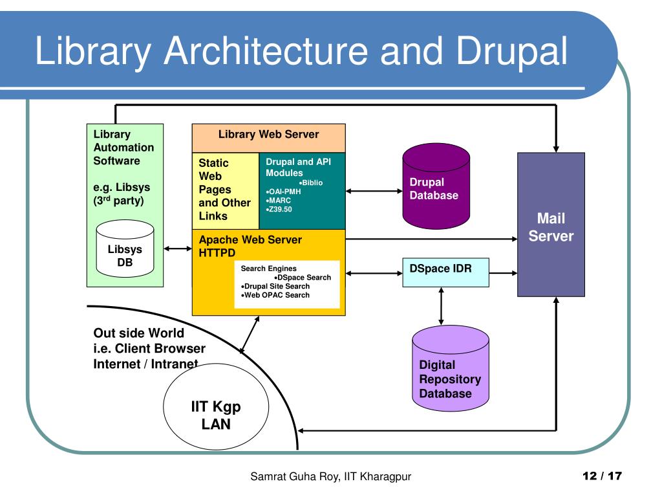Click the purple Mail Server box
(x=551, y=225)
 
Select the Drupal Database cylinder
(x=436, y=186)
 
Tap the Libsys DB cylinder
(x=125, y=248)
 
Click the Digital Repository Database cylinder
(x=451, y=368)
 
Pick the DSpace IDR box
(x=446, y=272)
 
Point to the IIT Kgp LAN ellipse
(x=216, y=406)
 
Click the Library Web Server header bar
(x=268, y=138)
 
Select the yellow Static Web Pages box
(x=226, y=191)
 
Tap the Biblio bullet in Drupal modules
(x=311, y=182)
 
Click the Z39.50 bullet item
(x=279, y=209)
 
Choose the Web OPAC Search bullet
(x=275, y=295)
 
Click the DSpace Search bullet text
(x=303, y=277)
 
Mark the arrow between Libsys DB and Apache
(x=178, y=248)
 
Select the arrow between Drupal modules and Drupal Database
(x=374, y=191)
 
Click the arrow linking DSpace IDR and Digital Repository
(x=441, y=306)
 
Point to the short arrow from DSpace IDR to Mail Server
(x=503, y=273)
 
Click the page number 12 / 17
(x=602, y=476)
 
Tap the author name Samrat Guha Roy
(x=294, y=477)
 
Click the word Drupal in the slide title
(x=512, y=51)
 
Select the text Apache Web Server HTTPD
(x=250, y=246)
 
